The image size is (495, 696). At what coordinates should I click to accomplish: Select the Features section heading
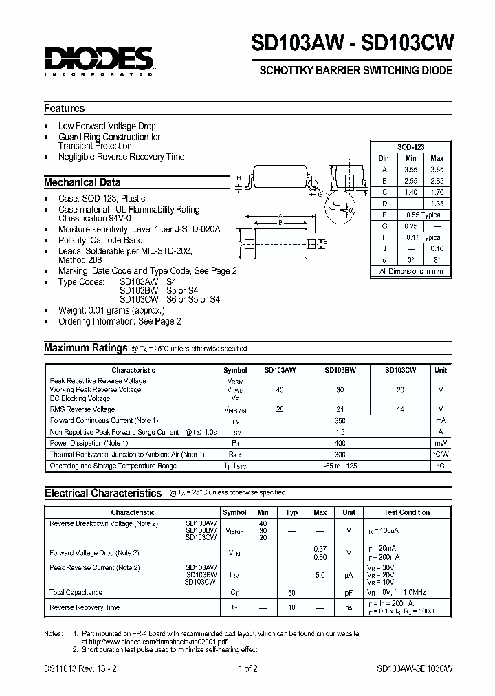pos(65,109)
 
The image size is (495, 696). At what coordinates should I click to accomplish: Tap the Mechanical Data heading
pos(82,183)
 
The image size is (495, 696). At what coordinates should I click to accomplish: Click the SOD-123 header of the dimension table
pos(411,148)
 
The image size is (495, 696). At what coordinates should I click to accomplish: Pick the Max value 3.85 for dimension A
pos(437,169)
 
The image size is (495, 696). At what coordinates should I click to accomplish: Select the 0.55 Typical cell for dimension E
pos(423,215)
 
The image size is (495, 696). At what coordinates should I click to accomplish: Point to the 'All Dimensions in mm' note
pos(411,272)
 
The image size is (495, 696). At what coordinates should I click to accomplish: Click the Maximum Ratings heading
pos(86,348)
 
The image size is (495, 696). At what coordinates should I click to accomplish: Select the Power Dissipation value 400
pos(339,444)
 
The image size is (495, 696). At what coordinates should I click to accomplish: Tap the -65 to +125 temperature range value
pos(339,466)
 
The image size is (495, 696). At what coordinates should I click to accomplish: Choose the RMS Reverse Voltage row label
pos(82,410)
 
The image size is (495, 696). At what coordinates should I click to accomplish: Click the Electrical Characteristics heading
pos(103,493)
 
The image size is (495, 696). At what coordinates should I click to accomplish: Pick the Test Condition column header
pos(407,512)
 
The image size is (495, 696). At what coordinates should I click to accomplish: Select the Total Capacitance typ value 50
pos(291,593)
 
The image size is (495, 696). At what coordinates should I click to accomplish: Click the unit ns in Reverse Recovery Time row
pos(349,608)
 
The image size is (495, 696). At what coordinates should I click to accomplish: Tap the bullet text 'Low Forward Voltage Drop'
pos(107,127)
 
